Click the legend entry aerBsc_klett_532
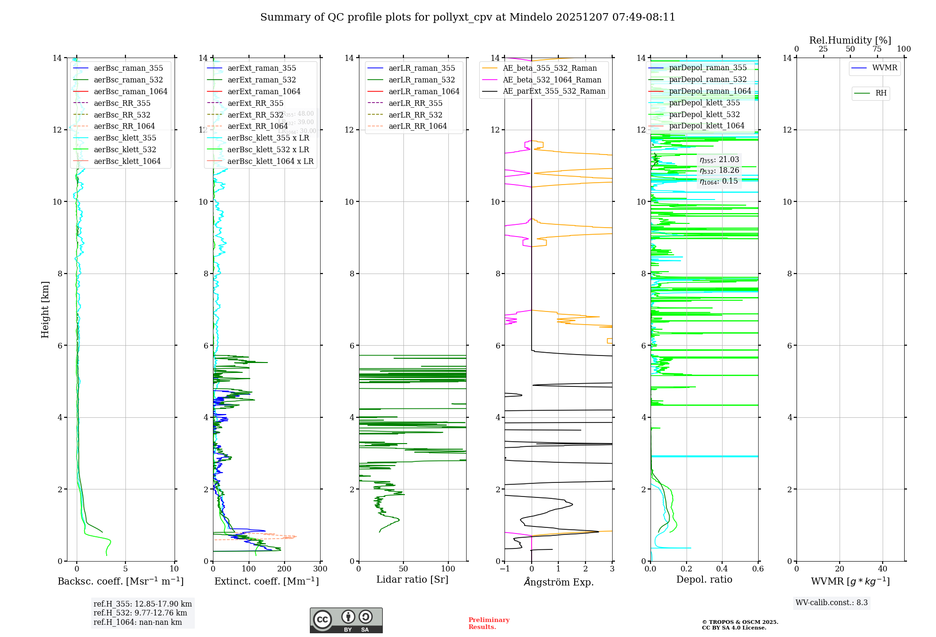click(124, 150)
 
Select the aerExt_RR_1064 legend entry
click(257, 126)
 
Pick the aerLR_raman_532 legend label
click(421, 80)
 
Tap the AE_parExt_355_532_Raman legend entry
click(554, 91)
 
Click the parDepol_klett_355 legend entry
click(704, 103)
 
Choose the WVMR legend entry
click(885, 68)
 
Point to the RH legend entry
click(881, 93)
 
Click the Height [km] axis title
click(45, 309)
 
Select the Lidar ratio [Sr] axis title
click(412, 580)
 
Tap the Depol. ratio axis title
click(704, 580)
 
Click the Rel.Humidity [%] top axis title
click(850, 40)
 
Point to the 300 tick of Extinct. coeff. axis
click(321, 569)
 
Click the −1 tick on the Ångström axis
click(504, 569)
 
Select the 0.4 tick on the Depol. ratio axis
click(722, 569)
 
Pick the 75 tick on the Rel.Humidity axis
click(877, 49)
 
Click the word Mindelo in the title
click(531, 17)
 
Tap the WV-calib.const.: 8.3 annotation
click(831, 603)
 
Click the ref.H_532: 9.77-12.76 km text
click(140, 613)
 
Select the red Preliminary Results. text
click(489, 623)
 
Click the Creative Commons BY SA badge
click(346, 621)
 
